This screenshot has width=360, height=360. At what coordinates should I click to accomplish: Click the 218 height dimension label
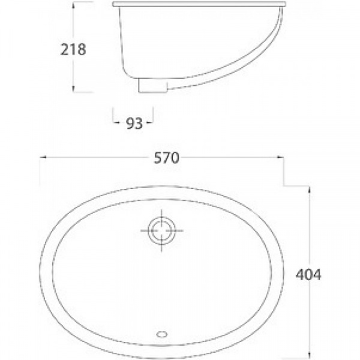[73, 49]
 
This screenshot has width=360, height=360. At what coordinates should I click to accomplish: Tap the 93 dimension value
[134, 124]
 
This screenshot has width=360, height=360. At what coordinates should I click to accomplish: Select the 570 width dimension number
[166, 158]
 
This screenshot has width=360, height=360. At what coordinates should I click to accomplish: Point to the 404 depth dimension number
[308, 274]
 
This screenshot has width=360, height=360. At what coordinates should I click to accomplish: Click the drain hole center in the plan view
[162, 230]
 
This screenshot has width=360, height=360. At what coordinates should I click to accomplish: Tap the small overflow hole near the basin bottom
[162, 334]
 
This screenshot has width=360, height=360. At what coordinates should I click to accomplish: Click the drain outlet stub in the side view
[153, 85]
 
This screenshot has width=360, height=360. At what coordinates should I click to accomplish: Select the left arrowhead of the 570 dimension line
[43, 157]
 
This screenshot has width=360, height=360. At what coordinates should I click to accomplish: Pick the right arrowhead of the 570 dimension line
[280, 157]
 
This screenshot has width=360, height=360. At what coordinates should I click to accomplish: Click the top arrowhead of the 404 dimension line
[309, 190]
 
